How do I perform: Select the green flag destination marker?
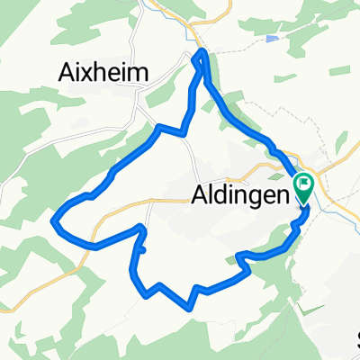(304, 187)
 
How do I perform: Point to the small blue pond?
(272, 40)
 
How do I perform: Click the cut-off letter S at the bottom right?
(357, 340)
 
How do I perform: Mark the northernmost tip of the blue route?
(202, 52)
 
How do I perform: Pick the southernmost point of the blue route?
(190, 306)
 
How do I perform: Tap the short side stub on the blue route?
(143, 236)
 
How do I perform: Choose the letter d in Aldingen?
(221, 193)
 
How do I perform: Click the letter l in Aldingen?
(211, 193)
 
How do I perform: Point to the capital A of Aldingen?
(200, 193)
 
